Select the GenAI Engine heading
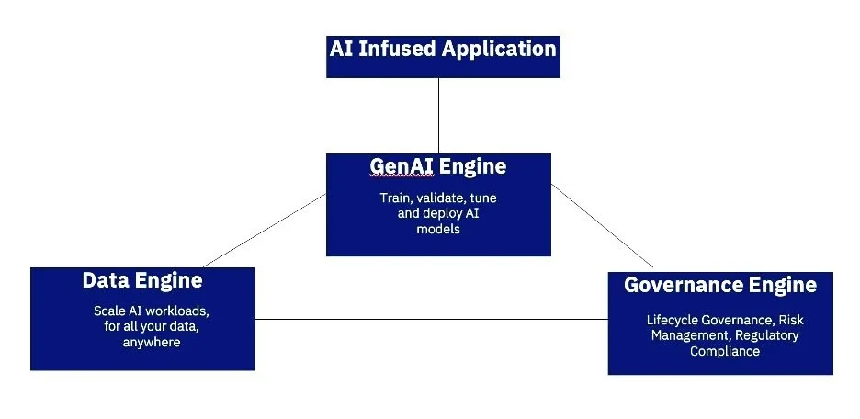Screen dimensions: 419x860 (438, 166)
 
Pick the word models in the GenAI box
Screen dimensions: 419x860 (438, 230)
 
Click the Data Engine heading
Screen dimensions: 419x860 (142, 280)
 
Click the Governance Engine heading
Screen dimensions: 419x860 (720, 285)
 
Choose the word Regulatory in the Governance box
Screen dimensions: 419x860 (766, 335)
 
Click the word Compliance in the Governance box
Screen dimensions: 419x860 (725, 351)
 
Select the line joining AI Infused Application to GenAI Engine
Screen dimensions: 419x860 (438, 115)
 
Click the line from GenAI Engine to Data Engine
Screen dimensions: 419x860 (264, 229)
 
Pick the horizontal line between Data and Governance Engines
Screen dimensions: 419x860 (431, 320)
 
